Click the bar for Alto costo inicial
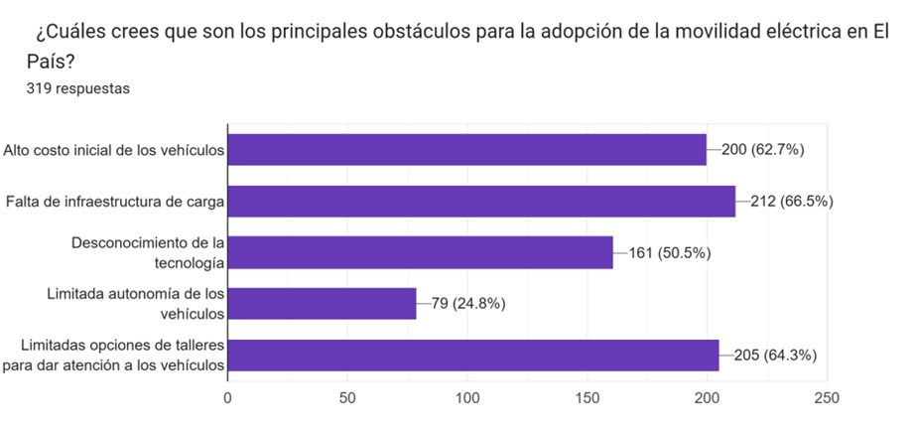tap(466, 150)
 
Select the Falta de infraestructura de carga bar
tap(481, 202)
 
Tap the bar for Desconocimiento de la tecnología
tap(420, 252)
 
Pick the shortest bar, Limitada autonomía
tap(322, 303)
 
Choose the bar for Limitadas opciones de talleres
tap(473, 355)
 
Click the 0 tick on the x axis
tap(228, 398)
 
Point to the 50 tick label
tap(346, 398)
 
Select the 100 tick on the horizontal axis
tap(466, 398)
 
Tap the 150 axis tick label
tap(587, 398)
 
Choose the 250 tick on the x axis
tap(826, 398)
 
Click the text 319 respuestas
tap(78, 88)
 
